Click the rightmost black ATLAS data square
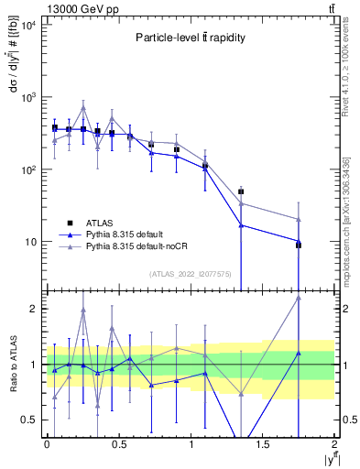point(299,245)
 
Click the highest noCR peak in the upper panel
point(83,107)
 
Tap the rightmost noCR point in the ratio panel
point(299,297)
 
